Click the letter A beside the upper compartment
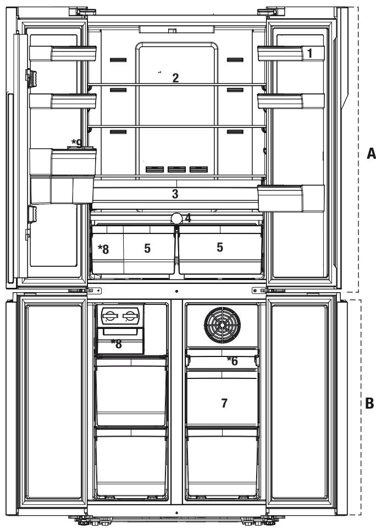(371, 153)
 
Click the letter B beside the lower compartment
(369, 403)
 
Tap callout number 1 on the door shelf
(309, 53)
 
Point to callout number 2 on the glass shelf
(175, 78)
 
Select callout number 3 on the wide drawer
(175, 194)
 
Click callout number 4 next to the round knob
(188, 219)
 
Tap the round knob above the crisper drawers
(176, 218)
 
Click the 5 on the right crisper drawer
(220, 247)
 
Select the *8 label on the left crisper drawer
(103, 249)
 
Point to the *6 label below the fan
(232, 361)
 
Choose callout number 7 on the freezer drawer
(224, 403)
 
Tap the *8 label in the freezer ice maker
(117, 344)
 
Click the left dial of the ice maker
(109, 316)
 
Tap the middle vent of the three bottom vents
(176, 169)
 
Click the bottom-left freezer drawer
(131, 463)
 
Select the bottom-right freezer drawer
(222, 463)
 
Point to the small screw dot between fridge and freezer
(176, 291)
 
